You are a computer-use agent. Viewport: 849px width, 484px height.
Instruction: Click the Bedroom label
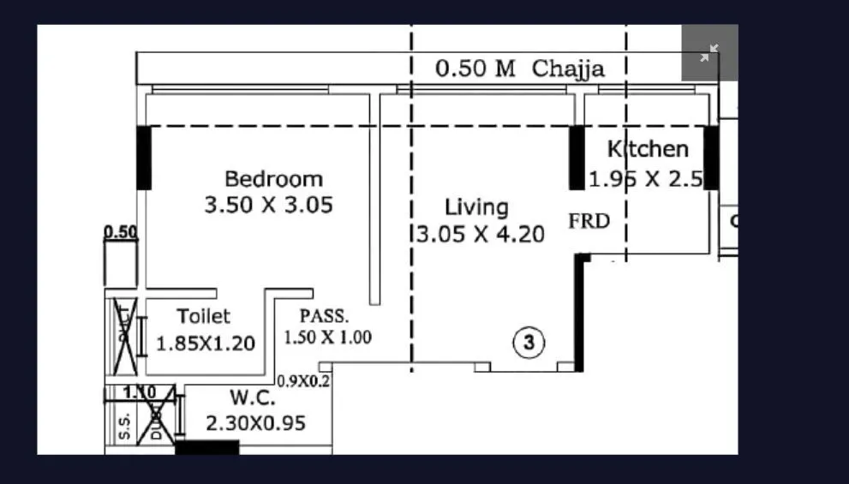[273, 179]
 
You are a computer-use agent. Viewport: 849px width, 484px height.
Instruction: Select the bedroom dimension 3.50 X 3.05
[268, 206]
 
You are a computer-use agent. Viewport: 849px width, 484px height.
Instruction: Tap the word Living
[476, 207]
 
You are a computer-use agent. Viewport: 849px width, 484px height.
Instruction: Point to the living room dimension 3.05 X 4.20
[480, 234]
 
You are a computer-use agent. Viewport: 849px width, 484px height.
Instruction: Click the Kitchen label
[648, 149]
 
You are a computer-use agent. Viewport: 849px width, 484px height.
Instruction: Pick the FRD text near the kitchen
[589, 222]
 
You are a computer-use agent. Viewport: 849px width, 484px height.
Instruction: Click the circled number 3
[529, 344]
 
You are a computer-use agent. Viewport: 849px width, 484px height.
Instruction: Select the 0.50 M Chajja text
[519, 69]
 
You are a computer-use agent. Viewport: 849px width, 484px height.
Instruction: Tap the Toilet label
[203, 316]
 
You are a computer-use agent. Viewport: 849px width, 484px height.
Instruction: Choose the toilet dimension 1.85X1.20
[206, 344]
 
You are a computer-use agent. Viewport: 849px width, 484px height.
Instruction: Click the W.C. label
[252, 398]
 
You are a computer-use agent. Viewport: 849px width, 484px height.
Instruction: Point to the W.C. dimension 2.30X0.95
[255, 423]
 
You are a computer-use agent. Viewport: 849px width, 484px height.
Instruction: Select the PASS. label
[324, 314]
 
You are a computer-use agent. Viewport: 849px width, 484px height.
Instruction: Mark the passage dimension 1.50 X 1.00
[327, 337]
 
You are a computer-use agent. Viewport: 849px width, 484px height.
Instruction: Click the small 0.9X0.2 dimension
[303, 381]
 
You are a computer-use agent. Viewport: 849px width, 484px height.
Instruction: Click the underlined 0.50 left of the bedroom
[120, 232]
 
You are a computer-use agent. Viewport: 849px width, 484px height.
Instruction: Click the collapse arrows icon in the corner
[708, 53]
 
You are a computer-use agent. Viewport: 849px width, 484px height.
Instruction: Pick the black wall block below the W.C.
[206, 447]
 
